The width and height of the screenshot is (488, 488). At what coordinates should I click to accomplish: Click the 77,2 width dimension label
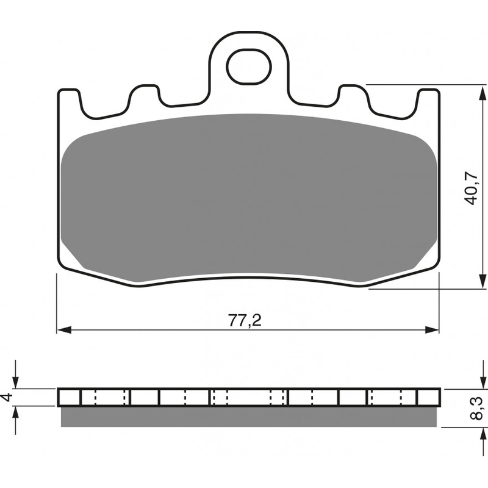245,321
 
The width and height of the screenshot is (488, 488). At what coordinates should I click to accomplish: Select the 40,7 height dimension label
470,188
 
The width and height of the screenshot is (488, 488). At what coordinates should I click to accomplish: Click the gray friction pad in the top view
250,195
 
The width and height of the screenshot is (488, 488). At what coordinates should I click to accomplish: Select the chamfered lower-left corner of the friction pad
76,262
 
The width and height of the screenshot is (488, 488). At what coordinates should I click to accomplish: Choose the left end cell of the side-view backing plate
69,397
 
